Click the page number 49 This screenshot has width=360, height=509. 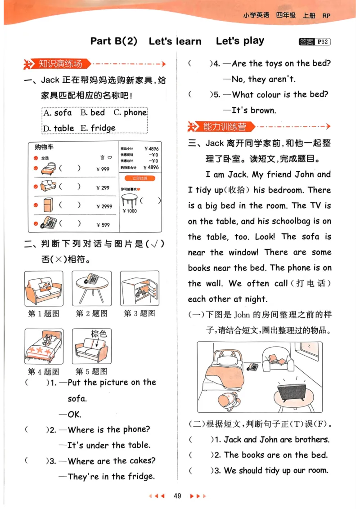coord(177,496)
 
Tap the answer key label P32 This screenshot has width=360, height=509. coord(322,42)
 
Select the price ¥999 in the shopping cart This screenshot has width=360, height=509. coord(103,170)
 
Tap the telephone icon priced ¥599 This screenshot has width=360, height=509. coord(49,223)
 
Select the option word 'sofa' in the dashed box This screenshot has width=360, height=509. coord(63,112)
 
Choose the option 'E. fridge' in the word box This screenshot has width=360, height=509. coord(98,128)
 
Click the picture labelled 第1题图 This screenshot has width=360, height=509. coord(44,288)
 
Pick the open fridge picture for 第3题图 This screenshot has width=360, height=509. coord(139,288)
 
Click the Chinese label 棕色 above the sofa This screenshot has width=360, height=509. coord(99,334)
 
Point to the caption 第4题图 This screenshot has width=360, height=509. coord(44,371)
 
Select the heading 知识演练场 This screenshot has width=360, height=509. coord(60,64)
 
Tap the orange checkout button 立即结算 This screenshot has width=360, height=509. coord(139,178)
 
